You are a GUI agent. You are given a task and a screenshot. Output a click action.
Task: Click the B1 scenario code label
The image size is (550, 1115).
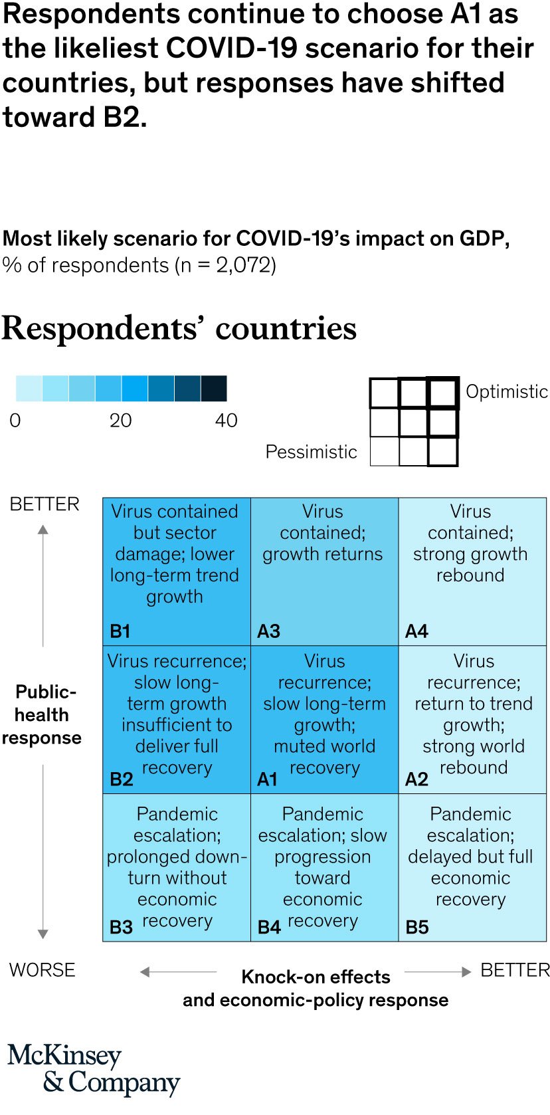(x=120, y=631)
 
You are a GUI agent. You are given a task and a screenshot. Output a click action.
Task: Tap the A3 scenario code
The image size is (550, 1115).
(x=268, y=631)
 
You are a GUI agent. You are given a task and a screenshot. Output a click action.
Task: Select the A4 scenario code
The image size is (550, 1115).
(x=416, y=631)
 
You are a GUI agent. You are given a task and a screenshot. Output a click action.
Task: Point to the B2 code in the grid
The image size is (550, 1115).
(x=122, y=779)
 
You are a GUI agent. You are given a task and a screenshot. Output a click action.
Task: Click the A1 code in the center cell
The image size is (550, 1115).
(x=267, y=779)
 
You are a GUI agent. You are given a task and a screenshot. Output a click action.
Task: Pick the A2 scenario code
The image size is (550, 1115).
(x=416, y=779)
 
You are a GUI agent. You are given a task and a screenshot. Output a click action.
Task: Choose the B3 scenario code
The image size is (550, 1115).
(x=122, y=927)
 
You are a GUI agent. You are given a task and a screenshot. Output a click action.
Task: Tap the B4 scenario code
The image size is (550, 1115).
(x=269, y=927)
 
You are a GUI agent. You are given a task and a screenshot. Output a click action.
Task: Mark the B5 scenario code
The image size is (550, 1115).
(x=417, y=927)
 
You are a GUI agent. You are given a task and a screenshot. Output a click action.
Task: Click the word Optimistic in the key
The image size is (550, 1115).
(x=507, y=391)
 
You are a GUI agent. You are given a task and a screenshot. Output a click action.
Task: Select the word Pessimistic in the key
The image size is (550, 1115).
(x=311, y=452)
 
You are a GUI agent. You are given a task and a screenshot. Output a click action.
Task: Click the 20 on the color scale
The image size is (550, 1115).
(x=120, y=420)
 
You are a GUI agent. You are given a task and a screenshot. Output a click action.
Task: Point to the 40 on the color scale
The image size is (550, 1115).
(x=226, y=420)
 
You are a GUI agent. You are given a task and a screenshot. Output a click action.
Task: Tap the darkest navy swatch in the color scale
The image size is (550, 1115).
(x=214, y=388)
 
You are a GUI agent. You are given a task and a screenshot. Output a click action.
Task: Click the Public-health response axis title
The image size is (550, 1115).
(x=43, y=715)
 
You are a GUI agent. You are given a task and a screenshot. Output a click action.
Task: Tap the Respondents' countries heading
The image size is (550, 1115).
(x=179, y=328)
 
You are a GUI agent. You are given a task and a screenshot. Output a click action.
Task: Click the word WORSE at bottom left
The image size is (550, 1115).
(x=43, y=970)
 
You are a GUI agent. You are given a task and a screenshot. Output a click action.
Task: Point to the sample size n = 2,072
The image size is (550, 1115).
(x=225, y=265)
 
